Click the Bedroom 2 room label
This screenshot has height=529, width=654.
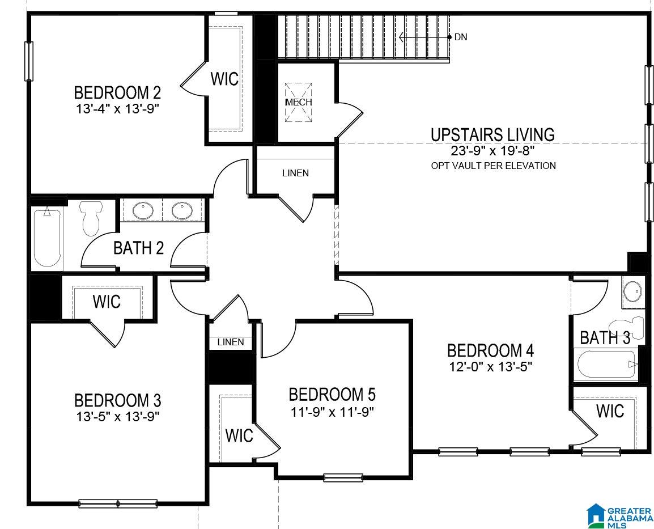pos(117,92)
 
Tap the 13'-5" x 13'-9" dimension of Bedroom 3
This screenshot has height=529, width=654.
pos(118,416)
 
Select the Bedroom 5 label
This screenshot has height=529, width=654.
pos(332,394)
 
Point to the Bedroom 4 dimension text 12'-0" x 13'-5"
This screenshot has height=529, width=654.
pos(491,367)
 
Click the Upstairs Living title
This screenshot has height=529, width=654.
pos(492,135)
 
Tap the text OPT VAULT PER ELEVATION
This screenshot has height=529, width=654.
pos(494,166)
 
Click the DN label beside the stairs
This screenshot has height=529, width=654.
pos(461,37)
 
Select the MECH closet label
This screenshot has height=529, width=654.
pos(299,102)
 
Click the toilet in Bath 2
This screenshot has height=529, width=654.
pos(91,218)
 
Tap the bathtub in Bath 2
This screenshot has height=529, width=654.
pos(47,236)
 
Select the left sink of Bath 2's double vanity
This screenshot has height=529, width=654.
pos(143,210)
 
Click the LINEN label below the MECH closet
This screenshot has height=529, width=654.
pos(296,173)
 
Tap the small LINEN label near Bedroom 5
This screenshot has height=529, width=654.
pos(231,342)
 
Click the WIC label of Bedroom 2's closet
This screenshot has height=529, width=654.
pos(225,79)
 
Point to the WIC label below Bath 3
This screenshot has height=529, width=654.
pos(610,411)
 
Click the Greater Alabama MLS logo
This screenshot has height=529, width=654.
pos(619,516)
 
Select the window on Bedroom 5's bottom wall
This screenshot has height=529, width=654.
pos(343,477)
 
